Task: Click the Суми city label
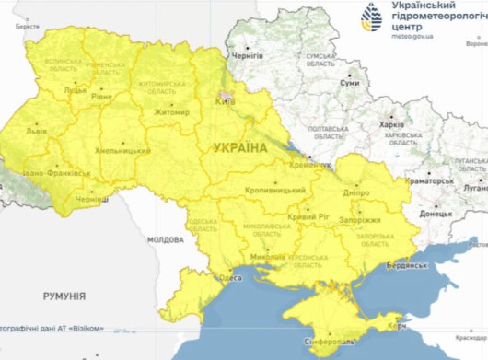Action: pyautogui.click(x=351, y=84)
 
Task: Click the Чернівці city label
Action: pyautogui.click(x=92, y=199)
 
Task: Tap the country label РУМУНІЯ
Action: pyautogui.click(x=64, y=296)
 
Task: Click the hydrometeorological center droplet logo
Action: pyautogui.click(x=372, y=17)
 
